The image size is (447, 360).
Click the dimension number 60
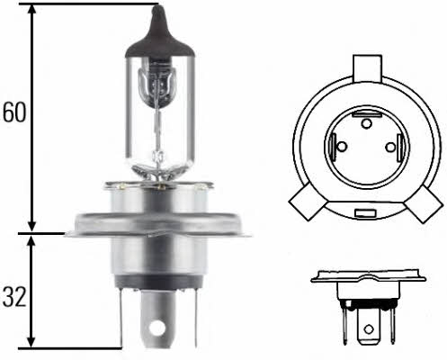point(15,114)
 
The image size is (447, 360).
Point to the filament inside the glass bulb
point(160,90)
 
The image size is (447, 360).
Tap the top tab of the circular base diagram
point(366,68)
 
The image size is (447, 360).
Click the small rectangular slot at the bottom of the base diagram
point(364,214)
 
